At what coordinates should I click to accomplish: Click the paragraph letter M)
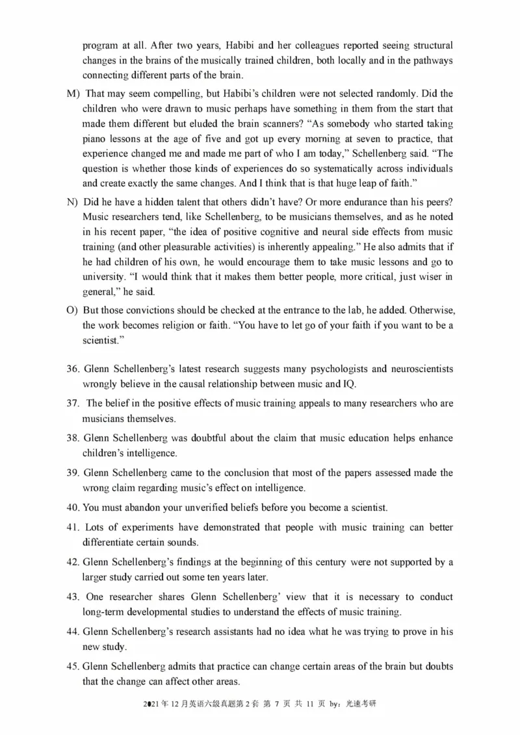[72, 93]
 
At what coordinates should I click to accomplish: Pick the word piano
[95, 138]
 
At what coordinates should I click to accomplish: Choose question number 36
[72, 369]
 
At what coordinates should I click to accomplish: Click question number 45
[72, 667]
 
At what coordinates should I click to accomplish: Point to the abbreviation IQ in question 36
[348, 384]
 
